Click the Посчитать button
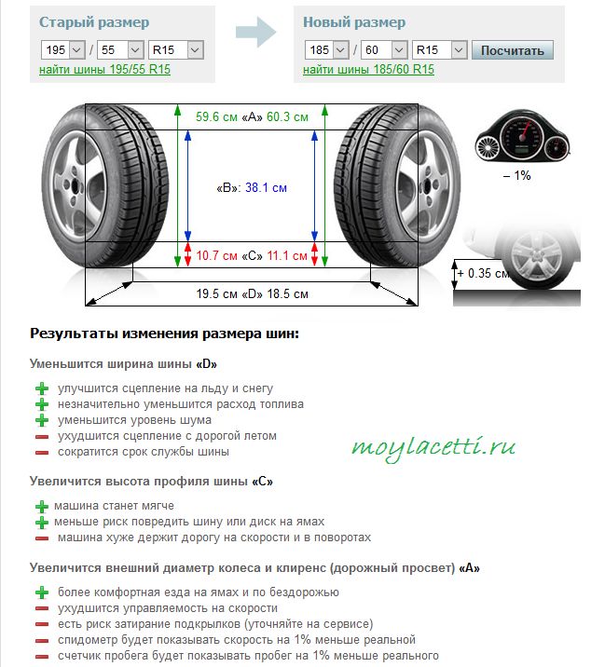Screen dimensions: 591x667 tap(512, 50)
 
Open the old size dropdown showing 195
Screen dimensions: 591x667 tap(63, 50)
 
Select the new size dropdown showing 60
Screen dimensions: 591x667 tap(384, 50)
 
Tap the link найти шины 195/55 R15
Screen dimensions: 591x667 tap(104, 69)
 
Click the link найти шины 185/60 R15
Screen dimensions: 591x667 tap(368, 69)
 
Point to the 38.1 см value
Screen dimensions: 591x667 tap(266, 187)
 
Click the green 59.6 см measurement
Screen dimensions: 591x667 tap(216, 117)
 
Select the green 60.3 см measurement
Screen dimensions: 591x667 tap(287, 117)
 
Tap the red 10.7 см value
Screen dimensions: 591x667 tap(216, 255)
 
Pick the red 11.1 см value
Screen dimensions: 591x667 tap(287, 255)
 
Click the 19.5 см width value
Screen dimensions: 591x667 tap(216, 294)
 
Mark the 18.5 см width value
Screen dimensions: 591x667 tap(287, 294)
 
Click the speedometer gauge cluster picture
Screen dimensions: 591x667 tap(522, 136)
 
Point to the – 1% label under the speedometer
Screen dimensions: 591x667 tap(517, 176)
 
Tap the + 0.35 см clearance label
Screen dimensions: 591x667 tap(484, 273)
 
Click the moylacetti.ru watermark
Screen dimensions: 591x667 tap(433, 448)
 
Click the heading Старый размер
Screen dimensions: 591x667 tap(94, 22)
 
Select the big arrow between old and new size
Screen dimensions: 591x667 tap(256, 32)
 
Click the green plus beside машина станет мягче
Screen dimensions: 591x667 tap(42, 506)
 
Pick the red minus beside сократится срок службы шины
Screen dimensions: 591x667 tap(42, 452)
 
